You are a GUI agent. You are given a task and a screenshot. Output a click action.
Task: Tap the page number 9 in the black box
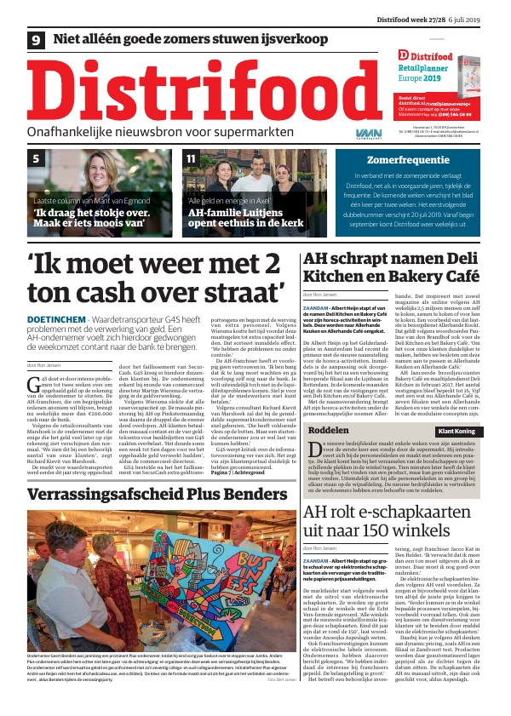pyautogui.click(x=37, y=39)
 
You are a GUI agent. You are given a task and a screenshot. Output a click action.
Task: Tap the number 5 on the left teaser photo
pyautogui.click(x=36, y=158)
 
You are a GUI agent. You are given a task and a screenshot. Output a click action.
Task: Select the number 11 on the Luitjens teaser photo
pyautogui.click(x=191, y=158)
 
